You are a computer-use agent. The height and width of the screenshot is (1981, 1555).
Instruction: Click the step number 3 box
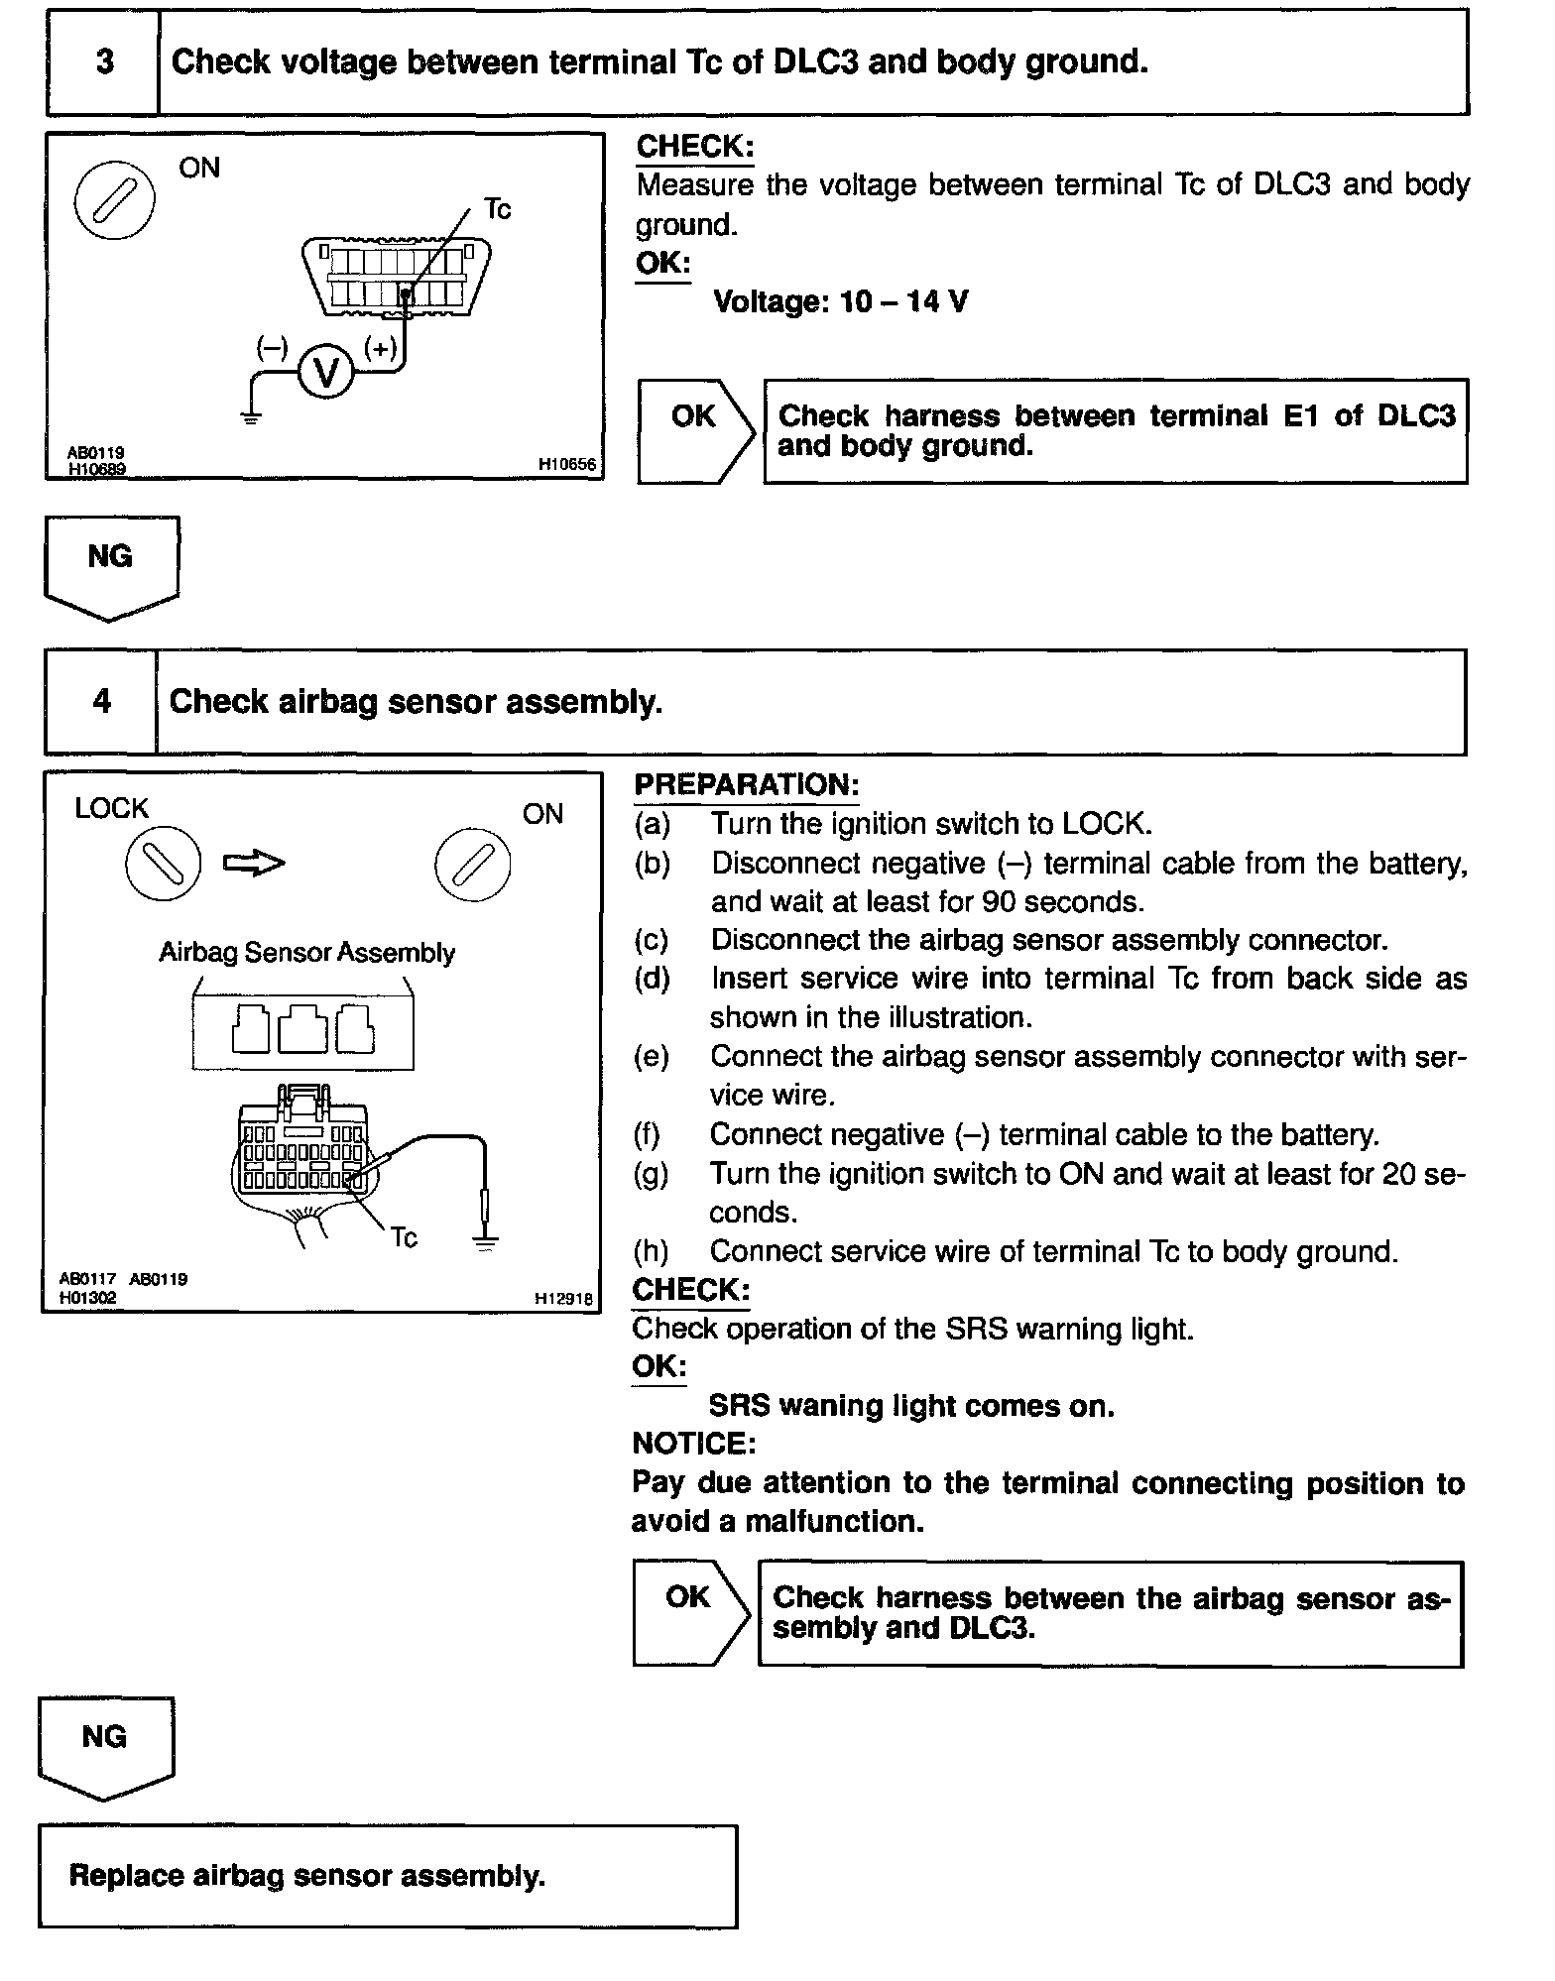tap(103, 62)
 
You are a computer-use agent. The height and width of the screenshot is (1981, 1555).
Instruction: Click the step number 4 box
tap(101, 702)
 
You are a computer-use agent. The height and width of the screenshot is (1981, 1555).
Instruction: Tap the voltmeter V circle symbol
tap(325, 372)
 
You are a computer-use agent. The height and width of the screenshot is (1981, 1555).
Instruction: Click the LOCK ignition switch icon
tap(163, 864)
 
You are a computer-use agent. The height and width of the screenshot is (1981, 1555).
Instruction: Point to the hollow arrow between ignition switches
tap(254, 864)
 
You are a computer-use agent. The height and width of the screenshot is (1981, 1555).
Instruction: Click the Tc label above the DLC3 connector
tap(497, 209)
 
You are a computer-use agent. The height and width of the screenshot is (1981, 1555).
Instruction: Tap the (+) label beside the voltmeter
tap(381, 347)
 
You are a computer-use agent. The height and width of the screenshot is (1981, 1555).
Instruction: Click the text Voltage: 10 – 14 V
tap(840, 301)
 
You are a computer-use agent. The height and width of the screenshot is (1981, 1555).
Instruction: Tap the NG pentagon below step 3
tap(111, 566)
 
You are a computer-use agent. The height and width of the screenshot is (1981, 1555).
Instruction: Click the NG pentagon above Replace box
tap(105, 1746)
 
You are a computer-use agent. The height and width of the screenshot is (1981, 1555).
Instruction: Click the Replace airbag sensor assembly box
tap(388, 1876)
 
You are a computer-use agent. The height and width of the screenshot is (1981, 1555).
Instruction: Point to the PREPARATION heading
tap(746, 784)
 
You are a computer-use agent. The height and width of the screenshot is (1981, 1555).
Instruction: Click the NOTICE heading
tap(693, 1443)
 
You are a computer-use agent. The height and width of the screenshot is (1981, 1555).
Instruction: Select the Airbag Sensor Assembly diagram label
tap(306, 953)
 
